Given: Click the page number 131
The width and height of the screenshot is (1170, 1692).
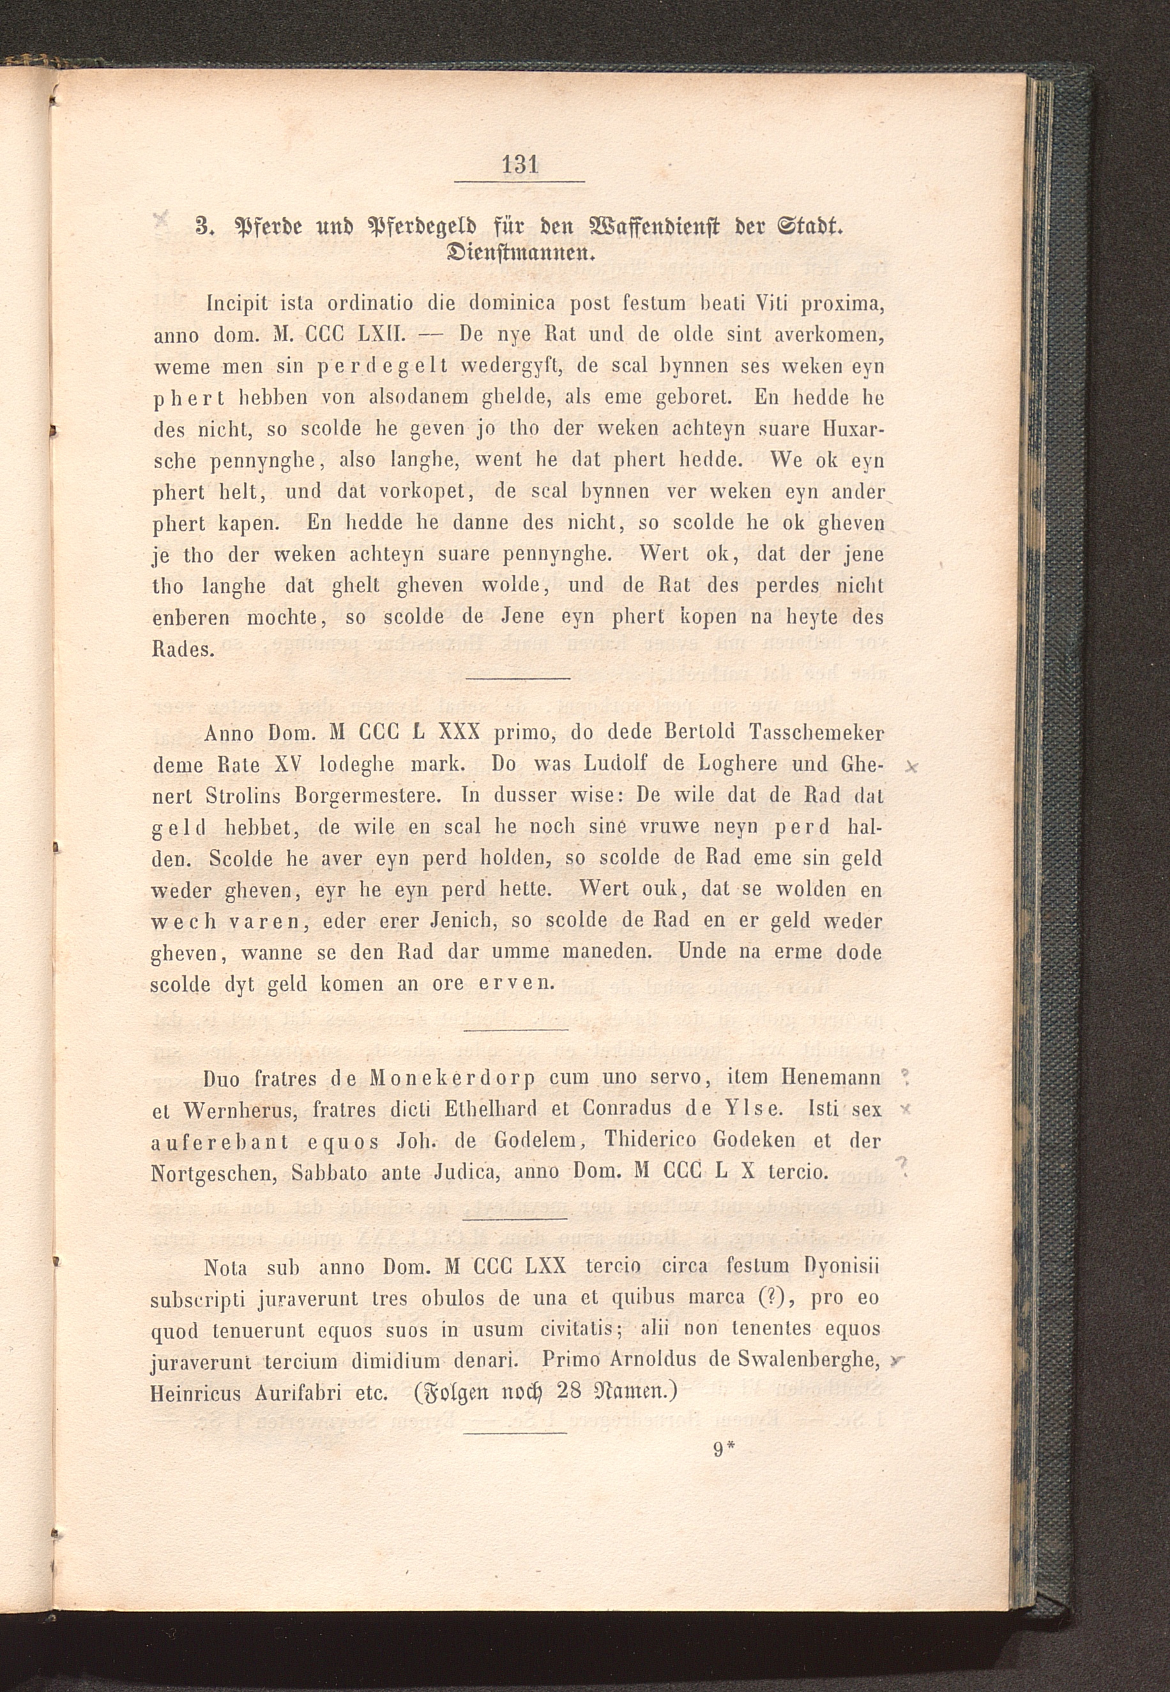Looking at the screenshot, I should (x=520, y=164).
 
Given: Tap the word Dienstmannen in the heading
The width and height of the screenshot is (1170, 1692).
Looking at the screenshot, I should (x=519, y=255).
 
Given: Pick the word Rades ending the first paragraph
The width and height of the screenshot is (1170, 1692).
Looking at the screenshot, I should (x=183, y=650).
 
